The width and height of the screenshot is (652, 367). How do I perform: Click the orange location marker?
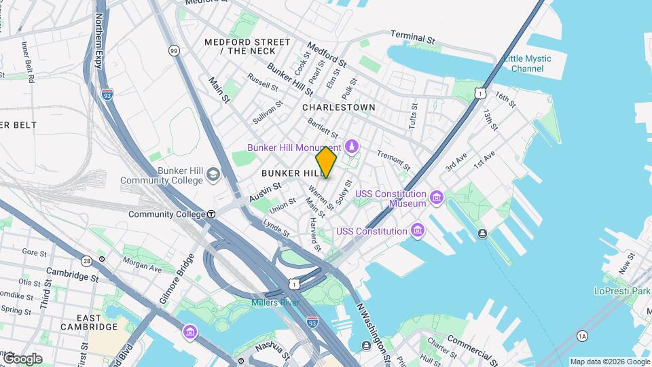coord(326,162)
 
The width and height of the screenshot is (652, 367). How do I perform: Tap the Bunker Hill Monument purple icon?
coord(351,146)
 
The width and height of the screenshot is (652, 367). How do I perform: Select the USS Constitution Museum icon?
coord(436,198)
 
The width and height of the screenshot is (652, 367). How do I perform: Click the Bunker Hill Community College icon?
coord(213,175)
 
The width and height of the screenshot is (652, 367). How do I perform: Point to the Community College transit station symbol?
coord(211,214)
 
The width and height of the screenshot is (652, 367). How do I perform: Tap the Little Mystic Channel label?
coord(527,63)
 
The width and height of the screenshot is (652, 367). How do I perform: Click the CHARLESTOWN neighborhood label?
coord(338,107)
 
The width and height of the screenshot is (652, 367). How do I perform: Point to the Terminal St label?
coord(412,37)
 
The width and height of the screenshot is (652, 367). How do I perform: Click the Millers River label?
coord(275,302)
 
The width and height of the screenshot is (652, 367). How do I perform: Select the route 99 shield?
coord(174,50)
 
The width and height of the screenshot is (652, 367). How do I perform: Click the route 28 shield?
coord(86,260)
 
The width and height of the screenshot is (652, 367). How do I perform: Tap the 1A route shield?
coord(581,335)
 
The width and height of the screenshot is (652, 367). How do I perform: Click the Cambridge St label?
coord(73,275)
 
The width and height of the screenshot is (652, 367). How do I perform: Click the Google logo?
coord(22,358)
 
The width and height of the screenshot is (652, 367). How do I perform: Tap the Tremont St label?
coord(393,160)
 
